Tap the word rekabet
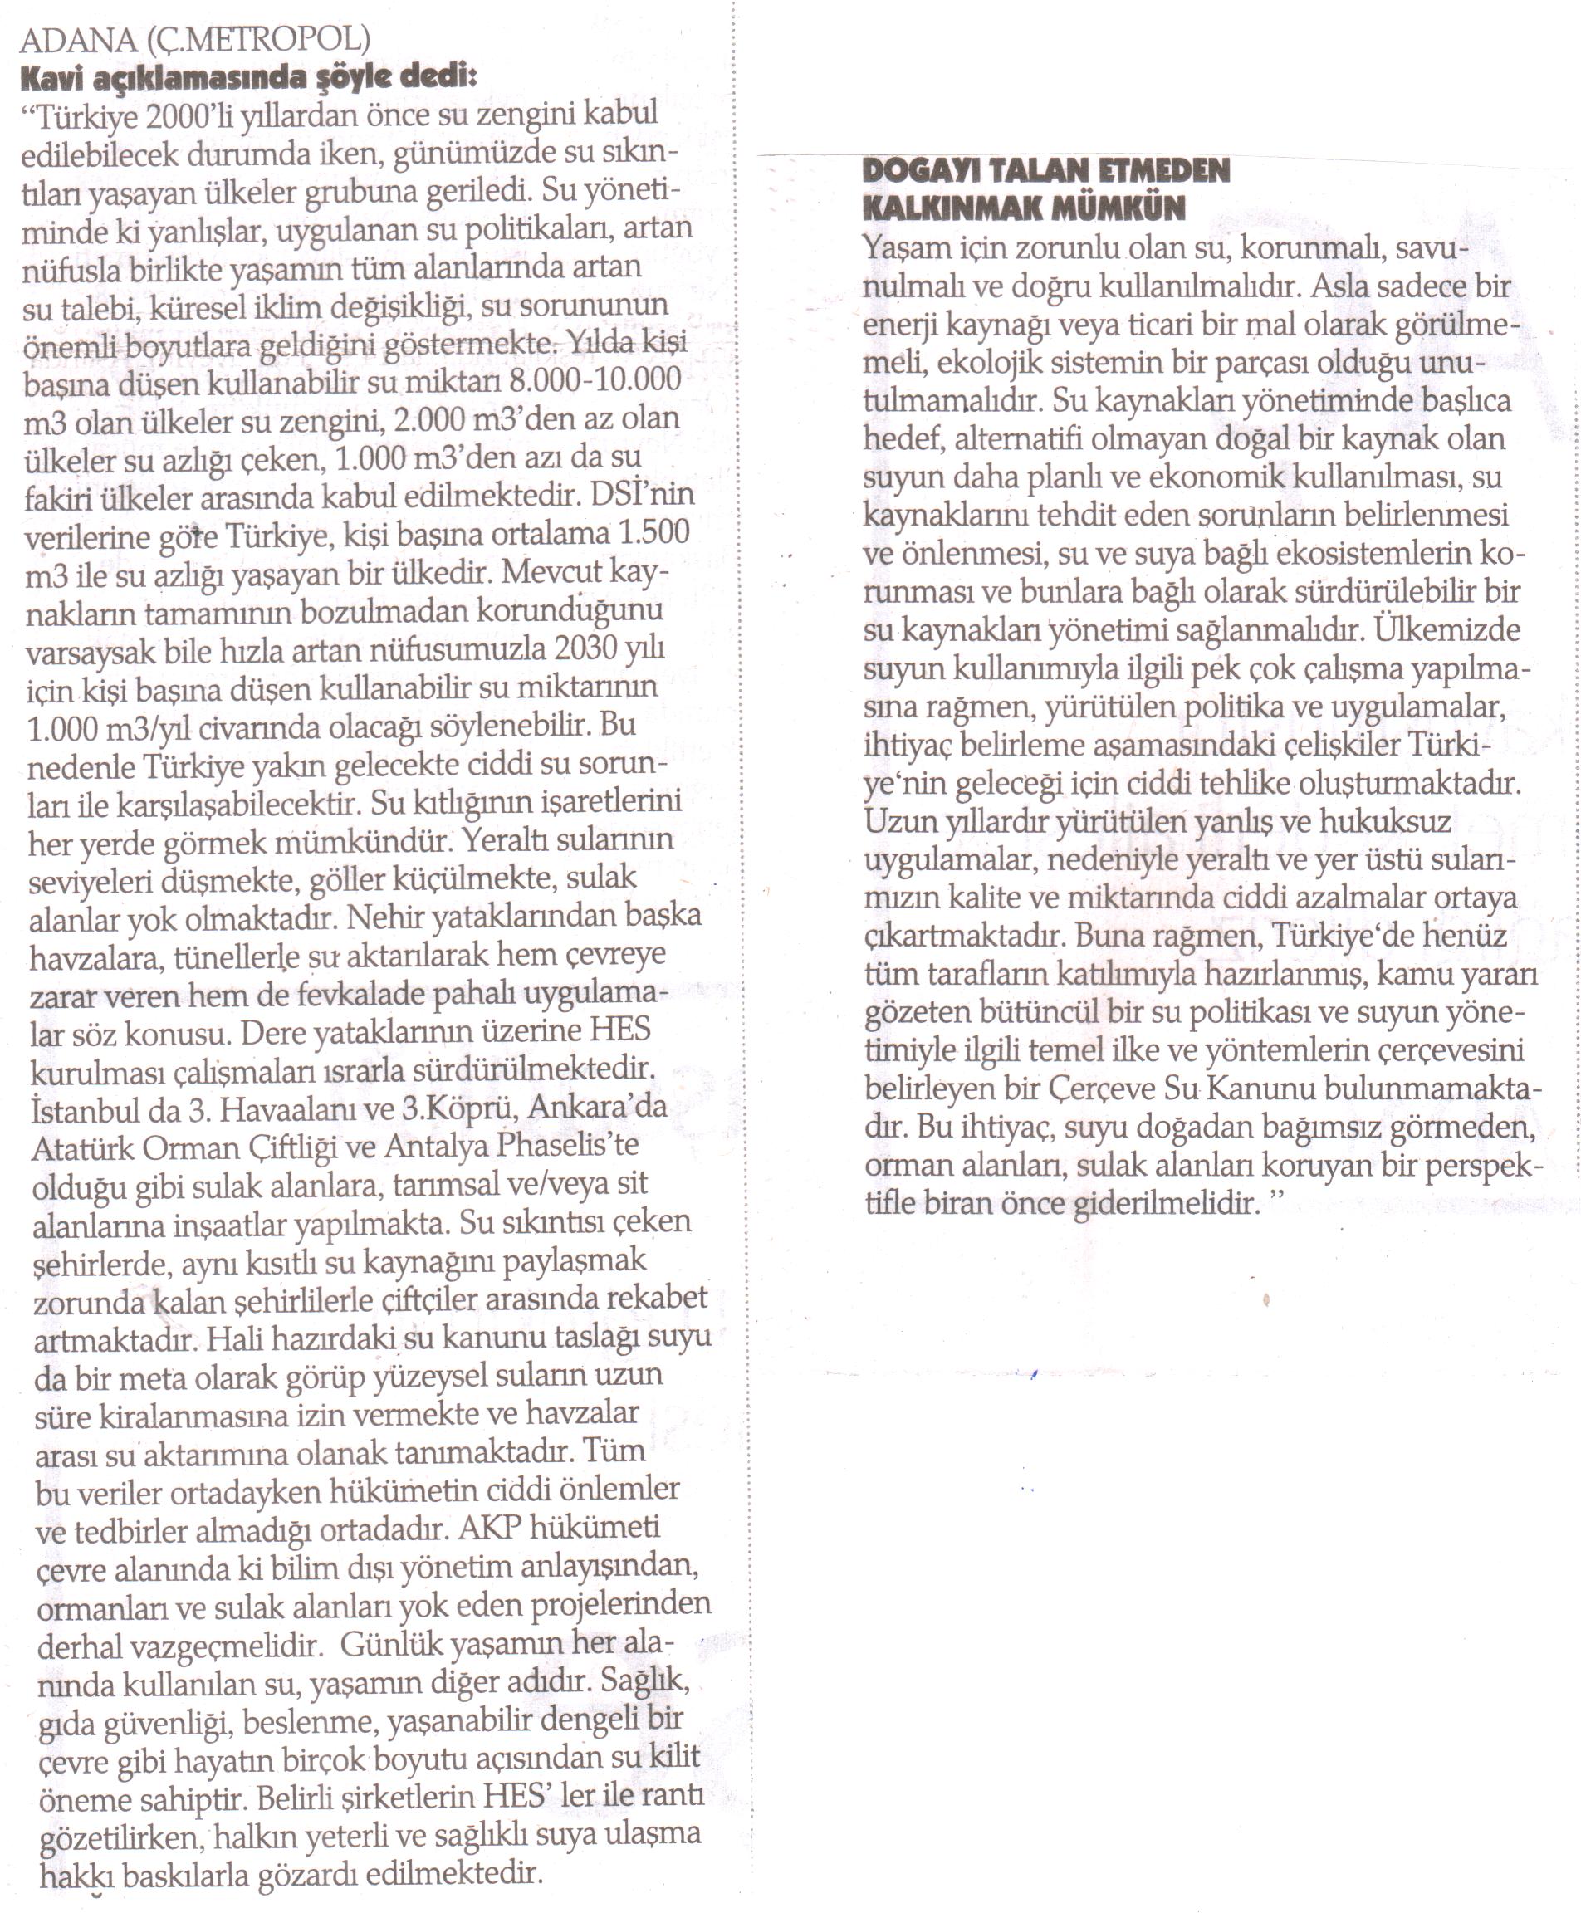point(656,1299)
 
